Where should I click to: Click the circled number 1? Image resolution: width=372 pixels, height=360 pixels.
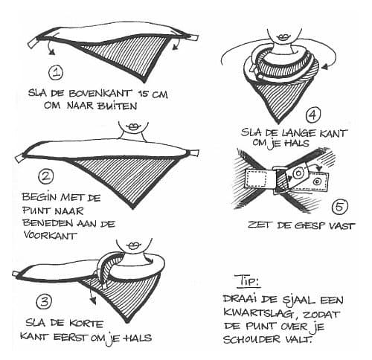[57, 71]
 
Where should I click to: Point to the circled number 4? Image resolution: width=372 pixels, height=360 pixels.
[313, 115]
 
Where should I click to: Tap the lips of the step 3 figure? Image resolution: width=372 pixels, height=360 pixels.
[135, 247]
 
